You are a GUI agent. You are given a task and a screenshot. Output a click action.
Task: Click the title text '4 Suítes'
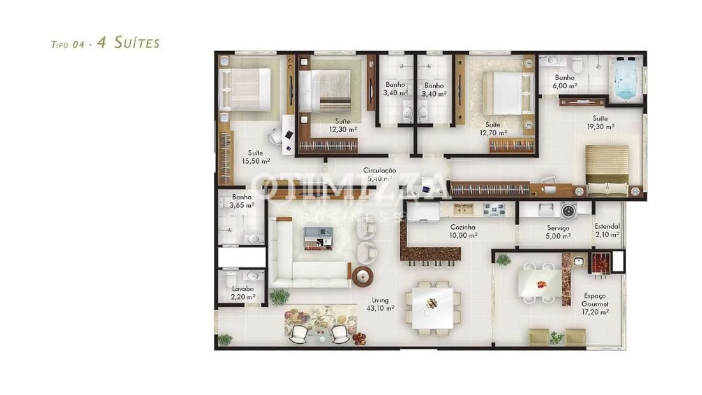tap(128, 43)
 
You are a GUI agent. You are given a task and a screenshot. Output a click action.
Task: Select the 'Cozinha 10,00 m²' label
tap(463, 231)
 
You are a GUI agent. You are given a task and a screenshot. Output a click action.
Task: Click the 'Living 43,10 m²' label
tap(380, 304)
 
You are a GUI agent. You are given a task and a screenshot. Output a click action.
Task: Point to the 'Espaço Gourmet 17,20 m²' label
tap(595, 304)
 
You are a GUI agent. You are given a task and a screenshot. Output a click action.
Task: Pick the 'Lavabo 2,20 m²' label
tap(243, 293)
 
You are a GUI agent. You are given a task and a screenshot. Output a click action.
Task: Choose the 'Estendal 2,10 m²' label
tap(607, 231)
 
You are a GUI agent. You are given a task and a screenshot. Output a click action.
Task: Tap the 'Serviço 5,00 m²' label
tap(558, 232)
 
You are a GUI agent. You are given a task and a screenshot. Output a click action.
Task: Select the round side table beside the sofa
tap(362, 276)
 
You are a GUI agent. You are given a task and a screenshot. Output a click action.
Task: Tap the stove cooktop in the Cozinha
tap(494, 210)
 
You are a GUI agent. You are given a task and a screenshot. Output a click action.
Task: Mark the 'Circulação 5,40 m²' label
tap(379, 174)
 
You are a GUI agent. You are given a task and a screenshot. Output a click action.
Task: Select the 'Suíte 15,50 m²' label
tap(256, 157)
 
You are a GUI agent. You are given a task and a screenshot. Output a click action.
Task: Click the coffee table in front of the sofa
tap(318, 238)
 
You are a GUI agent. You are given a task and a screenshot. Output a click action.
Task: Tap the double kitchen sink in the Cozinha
tap(463, 209)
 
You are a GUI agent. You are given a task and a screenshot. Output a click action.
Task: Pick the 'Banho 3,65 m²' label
tap(242, 201)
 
